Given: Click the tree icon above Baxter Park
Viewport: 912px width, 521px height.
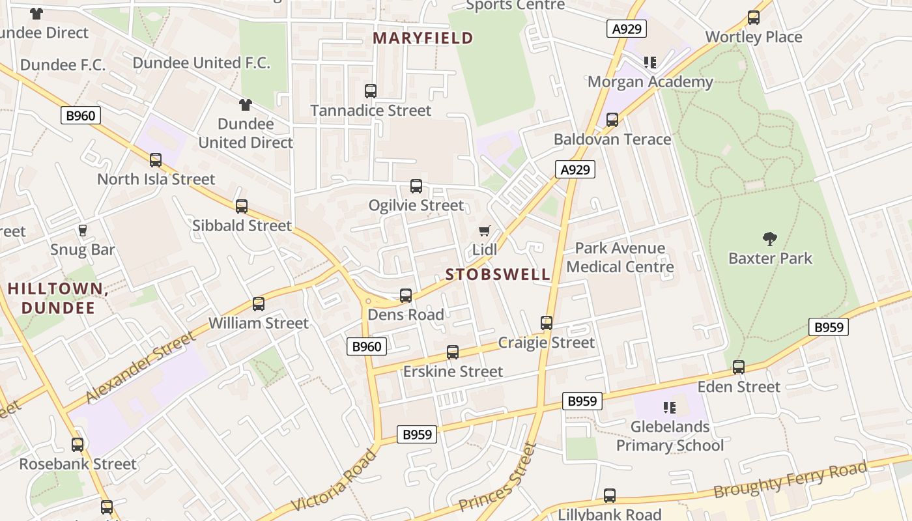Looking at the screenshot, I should tap(770, 239).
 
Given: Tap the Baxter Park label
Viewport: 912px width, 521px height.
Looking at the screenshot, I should tap(770, 259).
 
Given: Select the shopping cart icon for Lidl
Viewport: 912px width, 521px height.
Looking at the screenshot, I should tap(484, 231).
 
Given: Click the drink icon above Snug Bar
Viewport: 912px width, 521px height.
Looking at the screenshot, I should tap(83, 231).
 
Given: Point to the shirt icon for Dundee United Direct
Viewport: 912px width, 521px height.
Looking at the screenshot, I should tap(245, 104).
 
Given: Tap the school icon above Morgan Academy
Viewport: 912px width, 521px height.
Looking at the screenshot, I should tap(649, 63).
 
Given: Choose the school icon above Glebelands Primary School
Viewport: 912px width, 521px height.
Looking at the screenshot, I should tap(669, 408).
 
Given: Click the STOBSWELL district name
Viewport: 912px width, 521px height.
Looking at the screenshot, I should tap(498, 274).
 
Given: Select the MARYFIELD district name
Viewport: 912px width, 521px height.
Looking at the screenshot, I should tap(423, 38).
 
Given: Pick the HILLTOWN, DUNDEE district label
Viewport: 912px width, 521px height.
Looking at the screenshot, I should tap(58, 298).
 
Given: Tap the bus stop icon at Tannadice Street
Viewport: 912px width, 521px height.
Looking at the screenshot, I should tap(371, 91).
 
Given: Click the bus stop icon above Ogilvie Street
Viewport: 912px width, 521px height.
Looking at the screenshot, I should tap(416, 186).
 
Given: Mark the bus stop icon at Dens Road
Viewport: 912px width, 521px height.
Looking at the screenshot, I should tap(406, 296).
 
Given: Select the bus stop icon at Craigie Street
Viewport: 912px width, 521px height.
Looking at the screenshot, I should tap(547, 323).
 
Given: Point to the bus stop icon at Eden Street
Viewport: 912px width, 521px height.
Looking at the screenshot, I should tap(738, 367).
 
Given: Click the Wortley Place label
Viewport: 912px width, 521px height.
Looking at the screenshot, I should tap(754, 37).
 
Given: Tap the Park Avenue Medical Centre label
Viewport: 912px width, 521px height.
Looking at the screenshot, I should tap(620, 257).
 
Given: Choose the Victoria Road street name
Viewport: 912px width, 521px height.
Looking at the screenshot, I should tap(334, 481).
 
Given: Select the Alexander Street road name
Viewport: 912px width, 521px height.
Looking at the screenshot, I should tap(140, 367).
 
